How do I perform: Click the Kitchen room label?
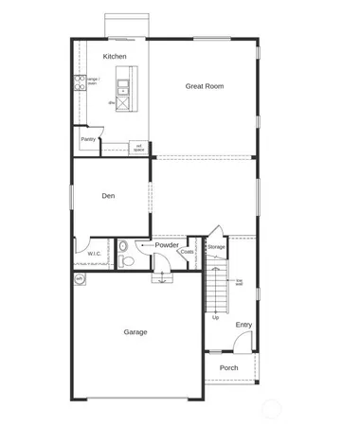click(x=115, y=57)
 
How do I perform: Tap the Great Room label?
click(x=204, y=86)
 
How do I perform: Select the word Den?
click(x=109, y=196)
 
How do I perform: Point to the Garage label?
click(x=135, y=332)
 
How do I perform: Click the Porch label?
click(x=228, y=367)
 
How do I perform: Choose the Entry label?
click(x=244, y=325)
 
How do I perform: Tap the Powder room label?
click(x=167, y=245)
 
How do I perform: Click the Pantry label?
click(x=88, y=139)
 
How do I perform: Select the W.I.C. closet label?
click(x=95, y=254)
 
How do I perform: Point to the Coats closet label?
click(x=188, y=252)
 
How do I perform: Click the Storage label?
click(x=217, y=247)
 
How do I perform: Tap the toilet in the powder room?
click(x=123, y=249)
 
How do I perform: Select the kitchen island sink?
click(x=125, y=80)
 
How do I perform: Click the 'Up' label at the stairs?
click(x=216, y=317)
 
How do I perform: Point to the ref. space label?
click(x=138, y=147)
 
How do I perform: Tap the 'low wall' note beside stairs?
click(x=240, y=281)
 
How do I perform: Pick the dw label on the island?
click(x=112, y=101)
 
